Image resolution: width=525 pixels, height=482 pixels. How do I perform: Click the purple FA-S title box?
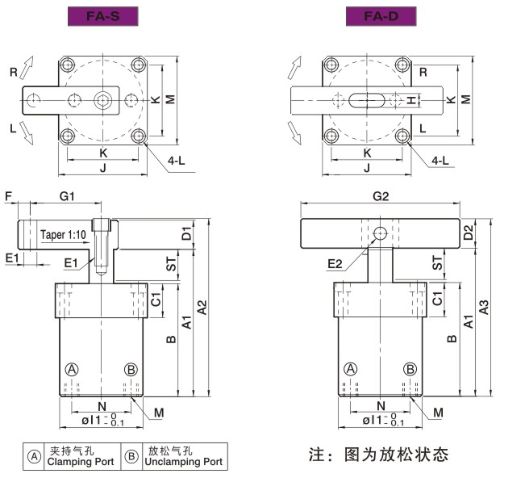click(102, 15)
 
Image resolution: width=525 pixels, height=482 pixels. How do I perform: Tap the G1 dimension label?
click(67, 196)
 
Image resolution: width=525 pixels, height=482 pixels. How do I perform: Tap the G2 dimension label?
click(381, 196)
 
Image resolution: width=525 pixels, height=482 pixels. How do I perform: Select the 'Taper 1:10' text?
click(63, 235)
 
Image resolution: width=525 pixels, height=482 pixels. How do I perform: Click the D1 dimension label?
click(186, 234)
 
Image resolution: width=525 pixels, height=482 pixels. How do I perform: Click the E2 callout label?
click(336, 264)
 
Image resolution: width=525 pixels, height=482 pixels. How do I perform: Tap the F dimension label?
click(8, 196)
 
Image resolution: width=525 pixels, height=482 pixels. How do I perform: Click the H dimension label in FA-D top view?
click(411, 100)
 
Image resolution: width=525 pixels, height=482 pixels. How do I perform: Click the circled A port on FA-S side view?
click(72, 369)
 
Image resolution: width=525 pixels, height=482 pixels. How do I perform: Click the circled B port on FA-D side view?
click(410, 369)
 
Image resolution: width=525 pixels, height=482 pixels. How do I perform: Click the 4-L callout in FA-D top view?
click(440, 161)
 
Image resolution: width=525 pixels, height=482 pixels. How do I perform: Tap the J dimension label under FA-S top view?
click(103, 168)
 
